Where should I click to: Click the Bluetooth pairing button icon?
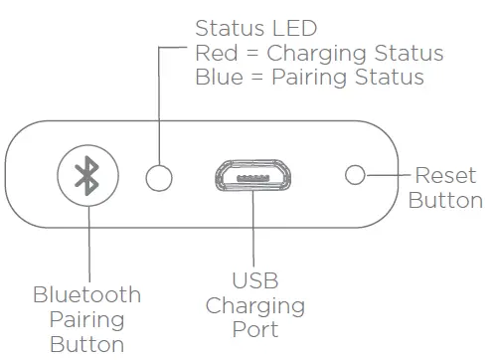click(88, 176)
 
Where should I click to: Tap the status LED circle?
click(159, 177)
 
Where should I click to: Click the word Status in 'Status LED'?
click(224, 27)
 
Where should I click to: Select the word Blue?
click(218, 77)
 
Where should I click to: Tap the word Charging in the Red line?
click(317, 52)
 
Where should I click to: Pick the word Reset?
click(445, 176)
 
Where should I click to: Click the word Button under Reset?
click(446, 200)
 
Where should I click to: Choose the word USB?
click(252, 281)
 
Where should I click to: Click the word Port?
click(252, 329)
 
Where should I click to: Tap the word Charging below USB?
click(252, 305)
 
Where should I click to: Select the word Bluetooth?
click(87, 295)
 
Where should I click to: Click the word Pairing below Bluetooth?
click(87, 319)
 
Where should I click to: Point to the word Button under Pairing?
click(87, 344)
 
